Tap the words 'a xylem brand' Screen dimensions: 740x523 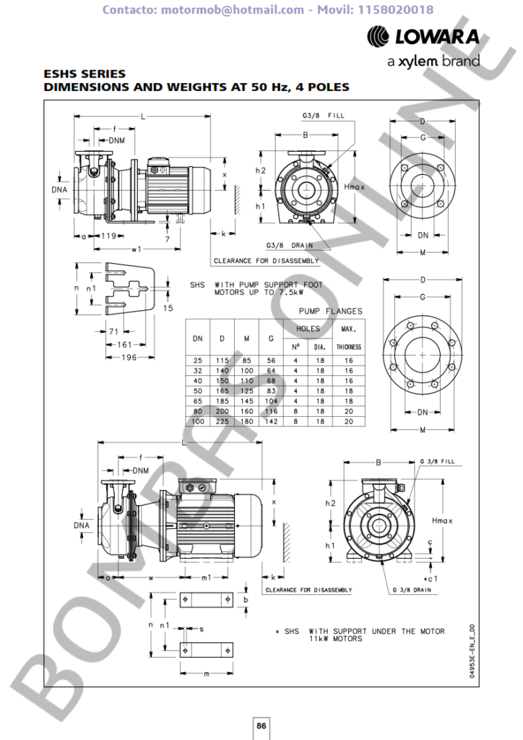click(433, 61)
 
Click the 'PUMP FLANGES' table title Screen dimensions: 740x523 click(331, 311)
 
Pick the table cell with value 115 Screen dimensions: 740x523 click(222, 360)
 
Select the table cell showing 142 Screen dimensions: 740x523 click(271, 421)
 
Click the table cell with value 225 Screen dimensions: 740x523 click(222, 421)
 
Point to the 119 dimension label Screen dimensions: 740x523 click(108, 236)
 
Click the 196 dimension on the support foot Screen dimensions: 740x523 click(129, 357)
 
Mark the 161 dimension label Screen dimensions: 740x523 click(124, 345)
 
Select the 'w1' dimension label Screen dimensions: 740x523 click(135, 249)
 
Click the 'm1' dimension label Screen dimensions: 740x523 click(205, 577)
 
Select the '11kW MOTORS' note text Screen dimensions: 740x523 click(334, 639)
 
